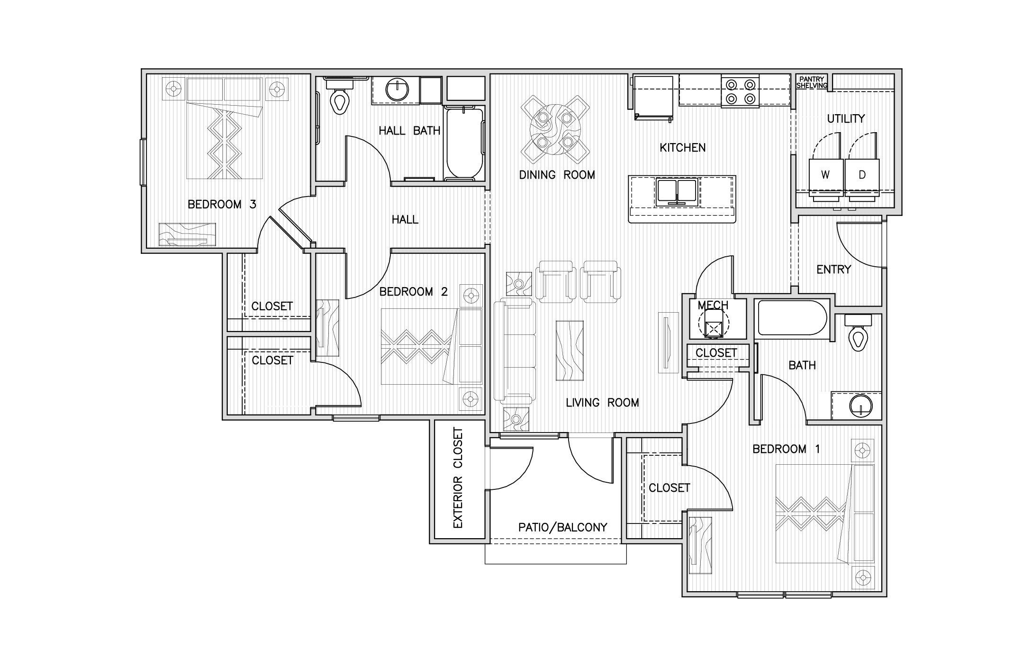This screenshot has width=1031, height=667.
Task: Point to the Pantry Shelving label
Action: click(x=812, y=82)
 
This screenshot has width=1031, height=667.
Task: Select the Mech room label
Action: click(x=713, y=306)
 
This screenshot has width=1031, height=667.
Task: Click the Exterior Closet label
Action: click(x=458, y=478)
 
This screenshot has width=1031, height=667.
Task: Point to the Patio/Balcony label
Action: click(x=562, y=528)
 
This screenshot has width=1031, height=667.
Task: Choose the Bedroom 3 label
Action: click(x=222, y=204)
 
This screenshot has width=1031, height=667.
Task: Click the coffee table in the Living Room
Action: click(x=569, y=351)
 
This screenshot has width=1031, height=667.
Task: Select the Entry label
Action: click(x=833, y=270)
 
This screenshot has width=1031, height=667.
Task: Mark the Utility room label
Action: click(x=846, y=118)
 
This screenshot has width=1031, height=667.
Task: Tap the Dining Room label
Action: click(x=557, y=175)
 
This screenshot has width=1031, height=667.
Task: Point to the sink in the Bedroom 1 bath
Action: click(x=859, y=406)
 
